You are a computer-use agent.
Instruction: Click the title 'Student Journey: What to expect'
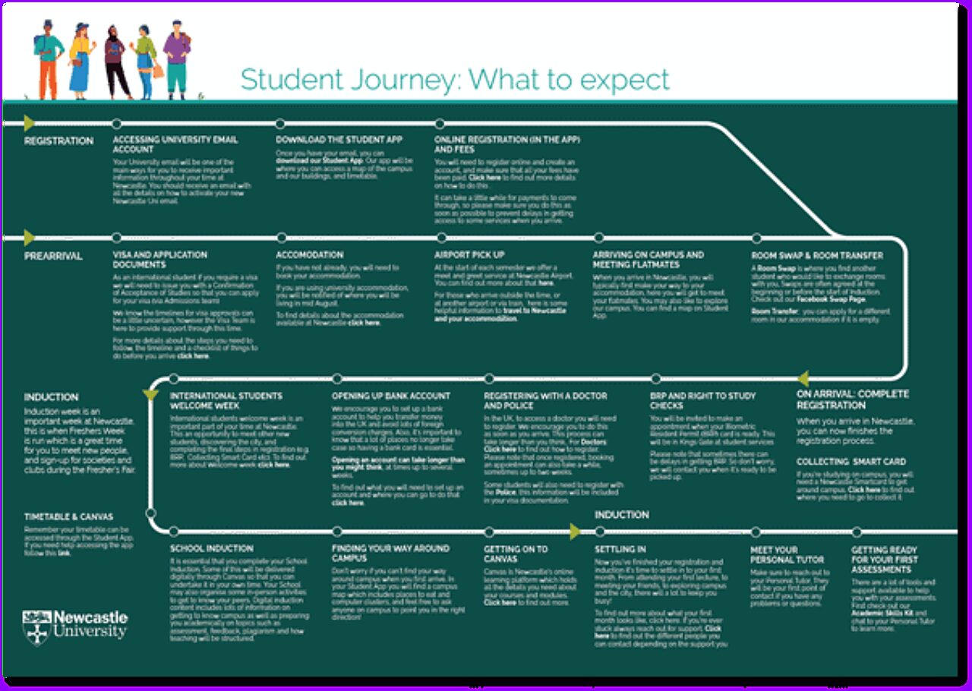[x=455, y=79]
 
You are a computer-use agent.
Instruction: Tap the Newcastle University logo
[x=75, y=626]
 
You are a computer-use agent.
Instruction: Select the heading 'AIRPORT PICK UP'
[x=469, y=255]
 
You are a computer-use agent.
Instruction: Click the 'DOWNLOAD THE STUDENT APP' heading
[x=339, y=140]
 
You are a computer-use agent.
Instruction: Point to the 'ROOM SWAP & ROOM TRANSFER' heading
[x=806, y=256]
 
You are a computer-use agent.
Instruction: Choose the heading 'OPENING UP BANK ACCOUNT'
[x=390, y=396]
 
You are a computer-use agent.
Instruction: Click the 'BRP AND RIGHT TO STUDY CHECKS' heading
[x=702, y=400]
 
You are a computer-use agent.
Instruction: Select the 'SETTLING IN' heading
[x=620, y=549]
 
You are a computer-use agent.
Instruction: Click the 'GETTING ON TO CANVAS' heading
[x=516, y=554]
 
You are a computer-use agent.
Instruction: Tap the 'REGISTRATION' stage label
[x=58, y=140]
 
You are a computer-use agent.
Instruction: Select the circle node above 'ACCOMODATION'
[x=282, y=238]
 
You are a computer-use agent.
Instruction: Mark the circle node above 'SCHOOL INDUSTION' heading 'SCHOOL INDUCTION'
[x=174, y=531]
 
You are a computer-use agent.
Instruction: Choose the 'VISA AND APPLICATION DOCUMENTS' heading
[x=159, y=260]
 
